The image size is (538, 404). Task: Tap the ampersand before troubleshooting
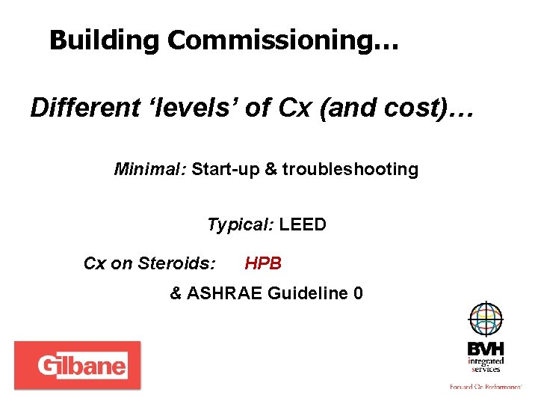(270, 169)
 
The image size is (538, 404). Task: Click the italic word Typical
(241, 224)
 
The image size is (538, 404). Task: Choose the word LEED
(303, 224)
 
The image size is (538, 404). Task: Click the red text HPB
(263, 263)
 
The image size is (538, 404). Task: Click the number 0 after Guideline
(358, 293)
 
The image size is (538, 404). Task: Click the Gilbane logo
(77, 366)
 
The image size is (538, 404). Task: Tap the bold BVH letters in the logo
(485, 349)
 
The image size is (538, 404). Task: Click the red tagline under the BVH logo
(485, 387)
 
